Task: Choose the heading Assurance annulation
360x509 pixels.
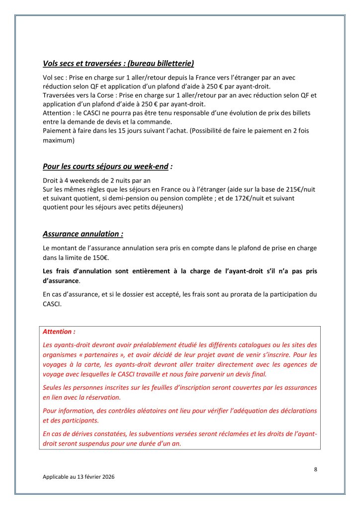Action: [x=82, y=233]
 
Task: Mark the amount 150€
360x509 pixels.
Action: [x=100, y=257]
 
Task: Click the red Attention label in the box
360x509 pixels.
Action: [x=59, y=331]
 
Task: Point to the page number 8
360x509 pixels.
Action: [x=315, y=468]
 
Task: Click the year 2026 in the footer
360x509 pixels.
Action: [x=106, y=476]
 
